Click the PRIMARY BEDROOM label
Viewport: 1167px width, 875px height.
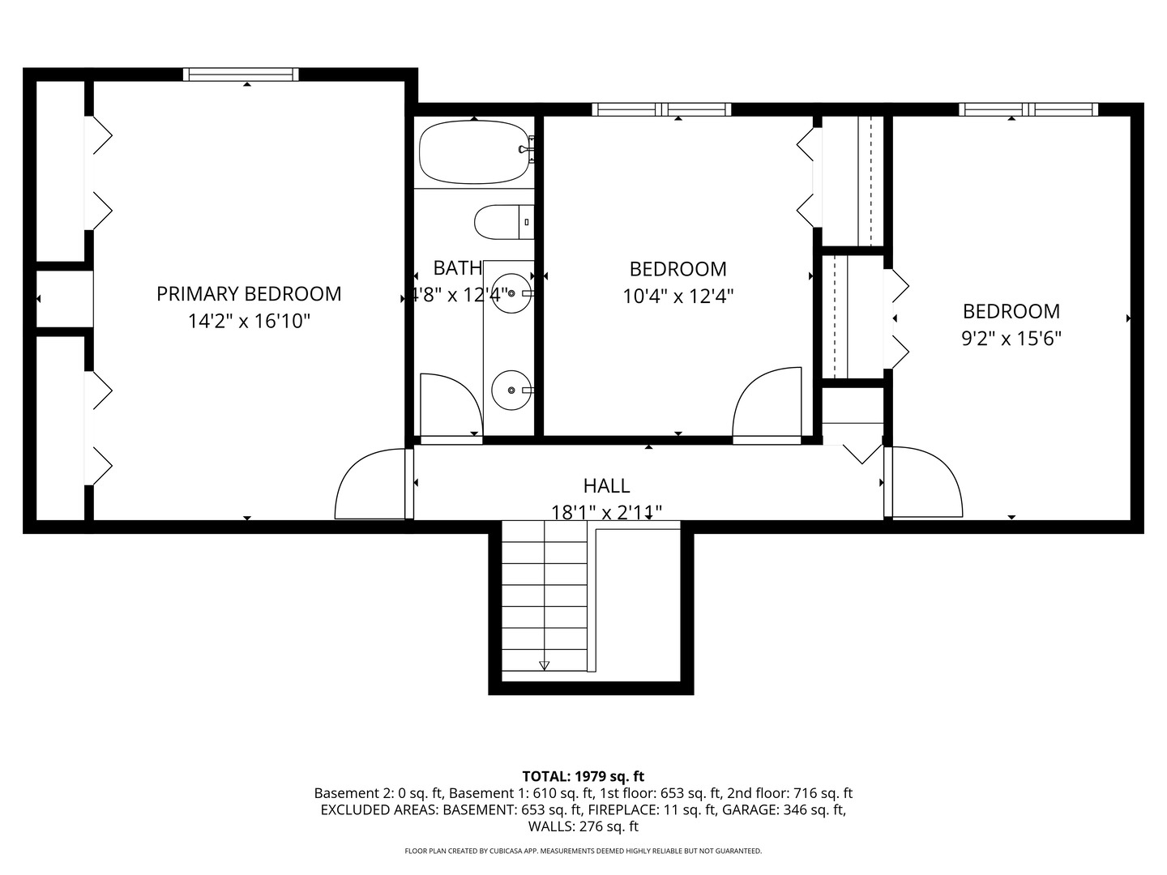(x=249, y=294)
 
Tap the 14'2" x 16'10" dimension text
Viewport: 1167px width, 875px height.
(x=249, y=321)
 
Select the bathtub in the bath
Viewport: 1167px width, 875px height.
(x=475, y=152)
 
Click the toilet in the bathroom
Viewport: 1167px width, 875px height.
(x=504, y=222)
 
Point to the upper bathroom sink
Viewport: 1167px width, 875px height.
(x=511, y=293)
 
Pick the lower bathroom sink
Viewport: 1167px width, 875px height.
(x=511, y=391)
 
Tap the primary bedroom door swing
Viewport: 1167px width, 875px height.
(x=370, y=484)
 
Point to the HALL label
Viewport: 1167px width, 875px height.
(x=607, y=485)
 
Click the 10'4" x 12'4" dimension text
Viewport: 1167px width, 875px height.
(x=678, y=296)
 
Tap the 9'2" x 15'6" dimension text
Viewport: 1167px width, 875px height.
(x=1011, y=339)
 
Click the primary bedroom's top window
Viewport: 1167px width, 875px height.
(x=241, y=75)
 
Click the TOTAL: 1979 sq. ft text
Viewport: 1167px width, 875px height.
(x=583, y=776)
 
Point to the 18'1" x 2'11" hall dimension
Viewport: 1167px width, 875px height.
(x=607, y=513)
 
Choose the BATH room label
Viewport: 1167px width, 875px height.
(x=458, y=268)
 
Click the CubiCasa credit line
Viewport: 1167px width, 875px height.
(x=583, y=851)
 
